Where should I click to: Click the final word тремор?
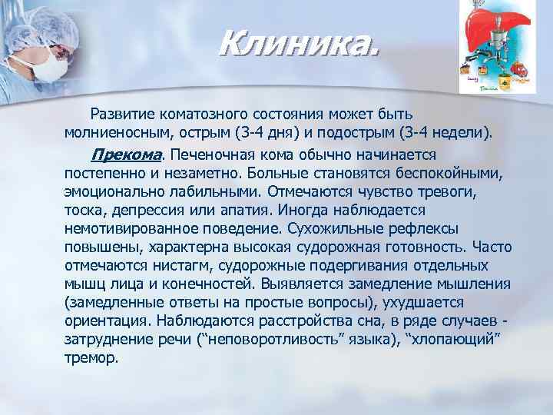(91, 357)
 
